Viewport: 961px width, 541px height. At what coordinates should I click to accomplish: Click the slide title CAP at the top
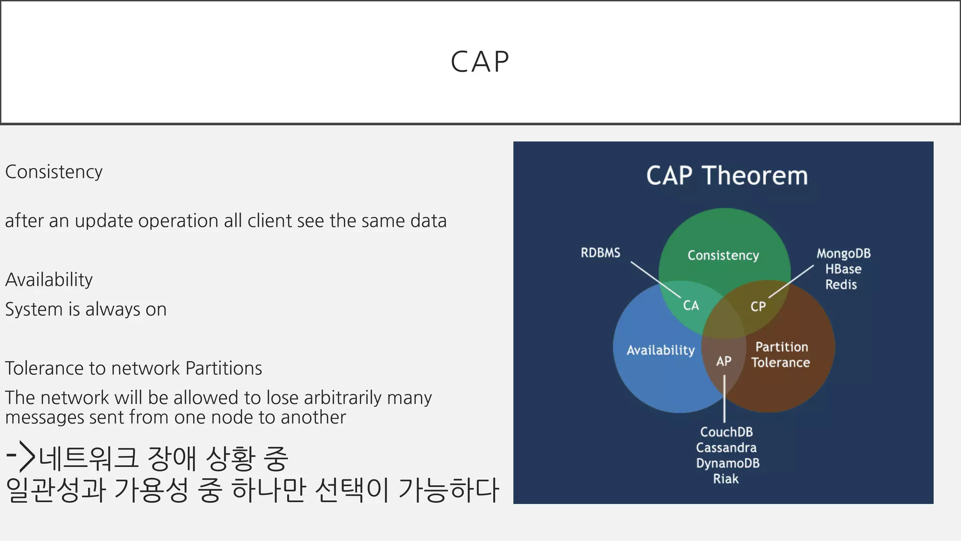480,62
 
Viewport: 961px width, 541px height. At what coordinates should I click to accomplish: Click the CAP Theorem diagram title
726,176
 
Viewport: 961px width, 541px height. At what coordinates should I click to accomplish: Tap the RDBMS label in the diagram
600,253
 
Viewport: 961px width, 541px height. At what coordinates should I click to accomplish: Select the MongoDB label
843,254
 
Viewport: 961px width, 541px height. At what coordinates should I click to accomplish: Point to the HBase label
843,269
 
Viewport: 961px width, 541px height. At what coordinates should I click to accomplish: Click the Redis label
841,285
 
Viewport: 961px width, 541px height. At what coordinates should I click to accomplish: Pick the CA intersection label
691,306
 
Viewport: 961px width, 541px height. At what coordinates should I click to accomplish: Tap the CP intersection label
758,307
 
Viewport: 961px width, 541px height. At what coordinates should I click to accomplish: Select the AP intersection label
724,361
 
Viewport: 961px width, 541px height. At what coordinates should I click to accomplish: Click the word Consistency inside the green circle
723,255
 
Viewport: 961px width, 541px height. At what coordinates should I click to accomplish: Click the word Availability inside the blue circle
660,350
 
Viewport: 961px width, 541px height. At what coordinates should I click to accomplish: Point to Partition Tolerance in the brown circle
781,355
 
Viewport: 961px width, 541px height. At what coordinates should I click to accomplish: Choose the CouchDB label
726,432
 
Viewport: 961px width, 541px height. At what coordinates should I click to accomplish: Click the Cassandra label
726,448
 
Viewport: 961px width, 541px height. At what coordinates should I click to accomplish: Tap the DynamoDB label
727,463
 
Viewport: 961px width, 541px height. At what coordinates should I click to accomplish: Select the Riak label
725,479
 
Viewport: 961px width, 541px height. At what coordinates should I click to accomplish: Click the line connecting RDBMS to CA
655,279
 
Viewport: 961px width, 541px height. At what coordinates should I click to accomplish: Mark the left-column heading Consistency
53,172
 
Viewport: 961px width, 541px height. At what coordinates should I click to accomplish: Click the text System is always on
86,309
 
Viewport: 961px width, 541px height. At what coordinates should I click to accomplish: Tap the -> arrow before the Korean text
21,456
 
